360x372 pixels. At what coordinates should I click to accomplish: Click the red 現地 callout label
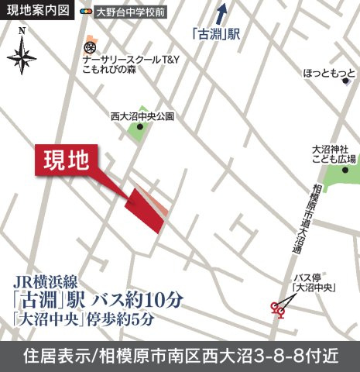coord(67,161)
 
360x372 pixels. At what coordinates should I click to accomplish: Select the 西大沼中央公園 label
coord(142,118)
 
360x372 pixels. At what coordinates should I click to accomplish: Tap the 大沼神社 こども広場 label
coord(334,153)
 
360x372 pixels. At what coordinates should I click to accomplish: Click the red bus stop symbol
coord(277,309)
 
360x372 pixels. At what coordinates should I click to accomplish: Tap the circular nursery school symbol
coord(90,49)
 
